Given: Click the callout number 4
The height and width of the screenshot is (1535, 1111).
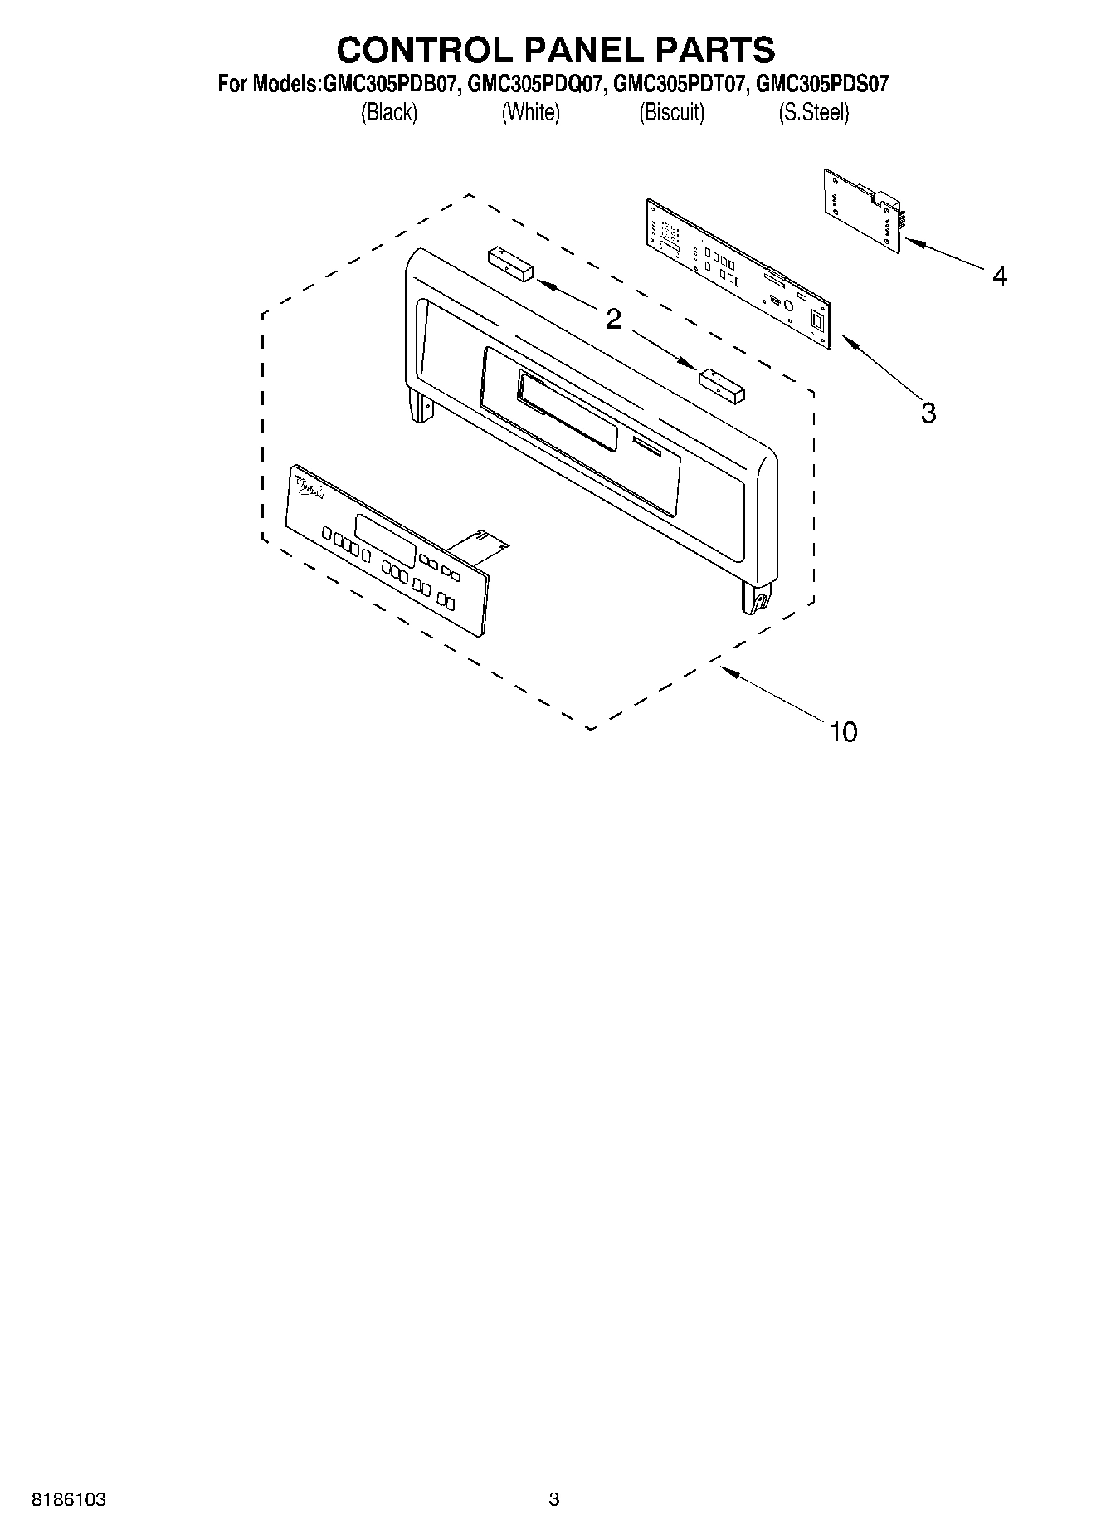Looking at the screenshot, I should point(1000,276).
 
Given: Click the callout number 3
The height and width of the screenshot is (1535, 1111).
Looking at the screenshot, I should point(928,413).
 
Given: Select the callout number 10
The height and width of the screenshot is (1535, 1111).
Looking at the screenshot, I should point(843,731).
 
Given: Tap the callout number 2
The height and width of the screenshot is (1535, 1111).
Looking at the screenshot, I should point(613,319).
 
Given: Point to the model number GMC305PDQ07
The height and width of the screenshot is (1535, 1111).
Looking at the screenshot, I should point(534,84).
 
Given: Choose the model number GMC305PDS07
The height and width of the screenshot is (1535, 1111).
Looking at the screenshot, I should point(823,84).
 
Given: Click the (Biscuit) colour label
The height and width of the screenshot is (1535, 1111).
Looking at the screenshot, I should point(671,112).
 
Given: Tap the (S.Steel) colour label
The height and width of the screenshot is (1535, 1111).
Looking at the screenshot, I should point(813,112).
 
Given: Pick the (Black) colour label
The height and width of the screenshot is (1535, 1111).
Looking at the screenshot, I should point(388,112).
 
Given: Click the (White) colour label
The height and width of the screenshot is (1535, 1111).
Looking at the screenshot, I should point(530,112).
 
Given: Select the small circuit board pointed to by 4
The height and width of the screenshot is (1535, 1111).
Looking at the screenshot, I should point(863,210).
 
